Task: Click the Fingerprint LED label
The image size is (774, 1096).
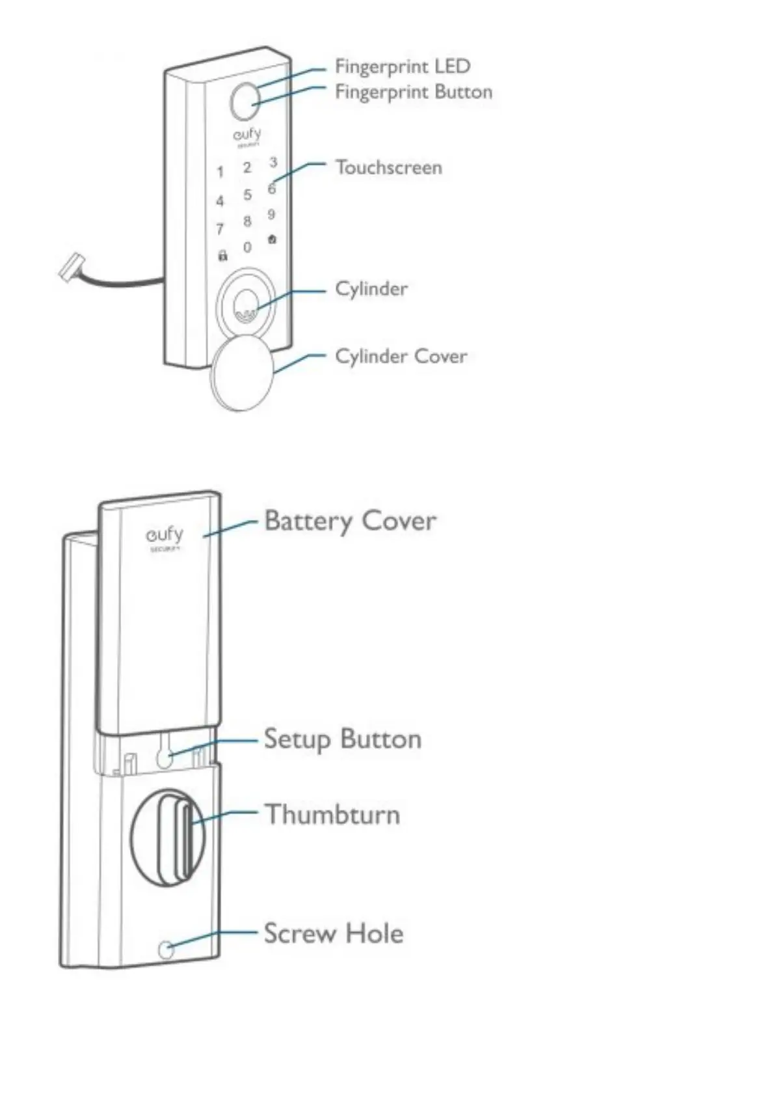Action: tap(402, 66)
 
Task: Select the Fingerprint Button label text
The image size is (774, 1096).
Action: tap(413, 92)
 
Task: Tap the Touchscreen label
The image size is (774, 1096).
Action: tap(388, 167)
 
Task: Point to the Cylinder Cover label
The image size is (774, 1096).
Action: tap(401, 356)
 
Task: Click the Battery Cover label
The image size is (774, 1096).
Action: tap(350, 521)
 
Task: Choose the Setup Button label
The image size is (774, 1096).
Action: tap(342, 739)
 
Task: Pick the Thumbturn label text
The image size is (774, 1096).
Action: tap(332, 815)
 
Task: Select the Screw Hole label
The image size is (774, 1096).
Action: tap(333, 933)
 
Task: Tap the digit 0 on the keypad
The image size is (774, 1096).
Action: tap(247, 248)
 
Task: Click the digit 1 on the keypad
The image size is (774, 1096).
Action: tap(220, 172)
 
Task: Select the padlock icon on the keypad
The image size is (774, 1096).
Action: tap(222, 256)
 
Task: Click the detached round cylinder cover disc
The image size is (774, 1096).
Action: tap(240, 373)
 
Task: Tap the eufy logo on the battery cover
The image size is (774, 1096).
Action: tap(164, 537)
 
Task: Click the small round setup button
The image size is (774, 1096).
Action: tap(165, 756)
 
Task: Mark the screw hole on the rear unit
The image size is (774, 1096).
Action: tap(167, 950)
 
